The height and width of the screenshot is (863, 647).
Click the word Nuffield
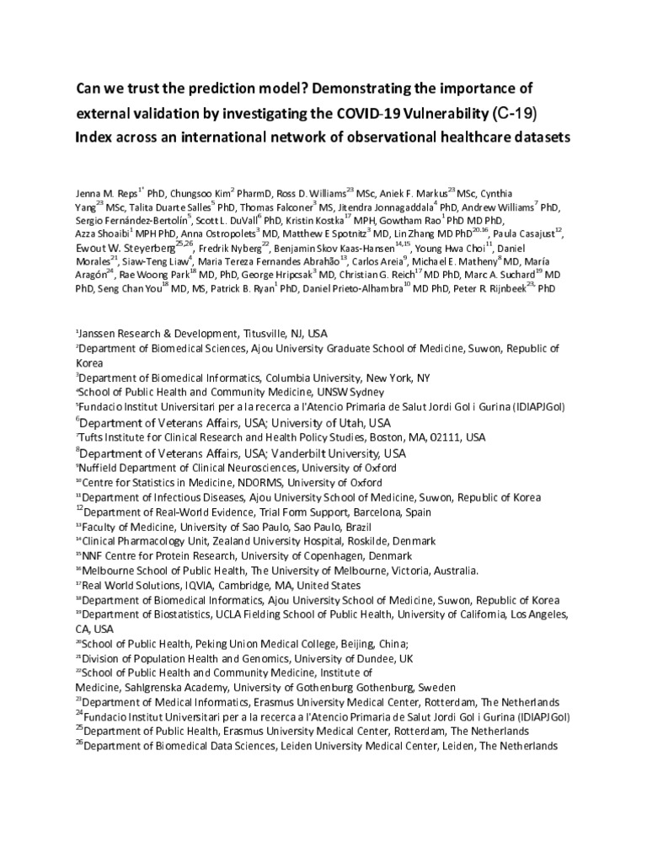click(106, 468)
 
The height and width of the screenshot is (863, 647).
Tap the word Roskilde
click(363, 541)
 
